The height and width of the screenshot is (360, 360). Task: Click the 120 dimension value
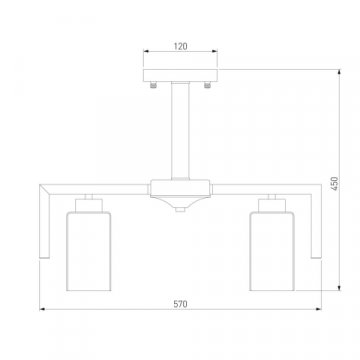click(180, 46)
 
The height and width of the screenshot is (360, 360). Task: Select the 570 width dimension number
click(180, 304)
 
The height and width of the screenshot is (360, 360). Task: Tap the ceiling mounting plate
click(180, 75)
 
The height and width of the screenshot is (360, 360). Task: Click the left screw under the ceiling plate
click(153, 85)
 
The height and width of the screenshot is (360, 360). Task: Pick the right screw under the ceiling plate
click(207, 85)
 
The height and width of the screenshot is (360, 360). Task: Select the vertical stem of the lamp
click(180, 131)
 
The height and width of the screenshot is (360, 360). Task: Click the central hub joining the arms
click(180, 189)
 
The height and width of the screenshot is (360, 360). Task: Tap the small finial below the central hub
click(180, 209)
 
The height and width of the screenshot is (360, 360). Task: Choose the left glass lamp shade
click(89, 251)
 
